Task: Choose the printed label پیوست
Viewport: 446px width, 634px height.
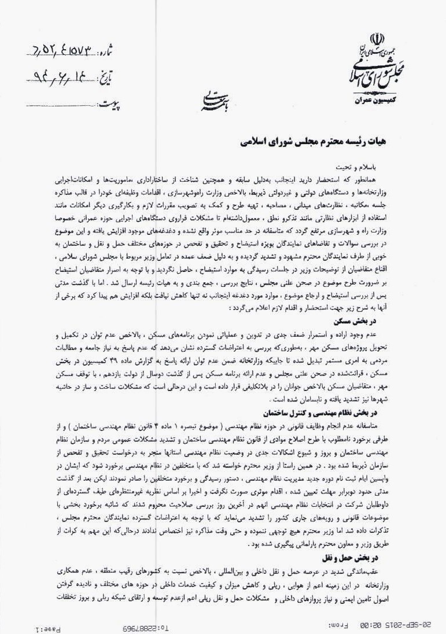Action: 112,105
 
